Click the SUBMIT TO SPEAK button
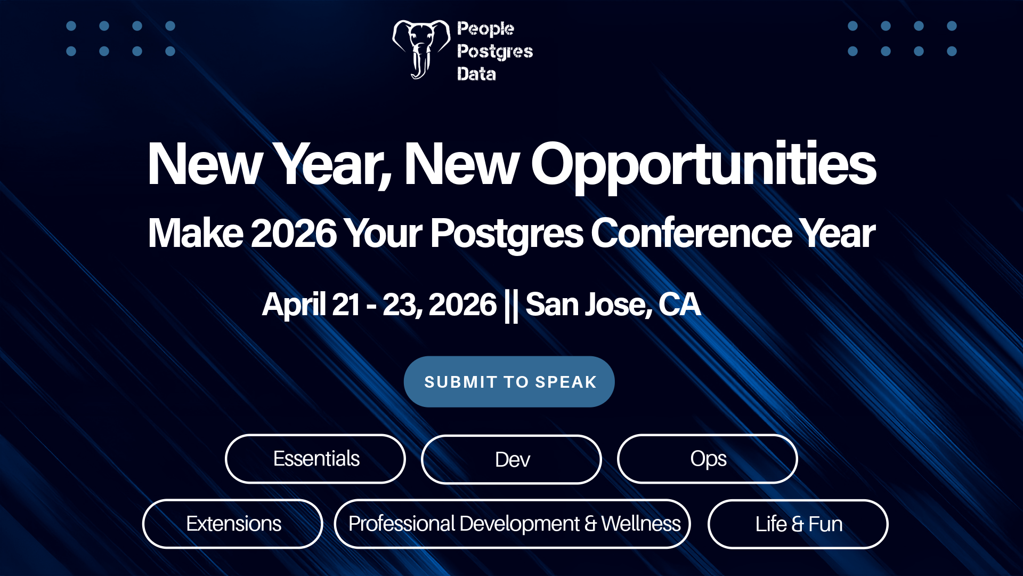click(509, 382)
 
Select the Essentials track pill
click(315, 459)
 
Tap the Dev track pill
click(511, 459)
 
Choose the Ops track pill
click(708, 459)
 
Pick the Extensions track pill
click(233, 524)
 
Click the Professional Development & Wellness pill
click(513, 524)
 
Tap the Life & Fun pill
click(798, 524)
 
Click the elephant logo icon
click(421, 50)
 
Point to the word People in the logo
click(485, 29)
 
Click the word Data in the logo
click(476, 74)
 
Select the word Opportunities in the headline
click(703, 165)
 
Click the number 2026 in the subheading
click(294, 233)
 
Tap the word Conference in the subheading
click(692, 233)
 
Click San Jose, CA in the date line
click(613, 305)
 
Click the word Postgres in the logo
click(495, 52)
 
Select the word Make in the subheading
click(196, 233)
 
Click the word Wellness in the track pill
click(641, 524)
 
